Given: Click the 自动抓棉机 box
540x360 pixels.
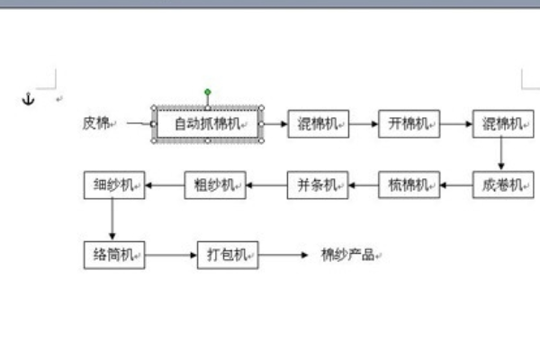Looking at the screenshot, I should coord(208,123).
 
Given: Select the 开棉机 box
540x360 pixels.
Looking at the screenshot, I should coord(409,123).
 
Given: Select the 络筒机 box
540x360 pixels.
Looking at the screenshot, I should coord(113,255).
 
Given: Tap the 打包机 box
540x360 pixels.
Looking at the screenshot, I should coord(228,255).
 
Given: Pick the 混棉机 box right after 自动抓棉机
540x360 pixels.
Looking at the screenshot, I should coord(318,123).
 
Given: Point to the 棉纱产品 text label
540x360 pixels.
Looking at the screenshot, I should coord(347,255).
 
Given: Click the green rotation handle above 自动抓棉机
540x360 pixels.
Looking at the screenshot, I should coord(208,92).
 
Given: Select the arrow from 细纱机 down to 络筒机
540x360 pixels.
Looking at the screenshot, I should coord(113,220).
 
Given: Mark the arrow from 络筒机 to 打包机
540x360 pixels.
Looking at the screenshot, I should coord(171,255).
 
